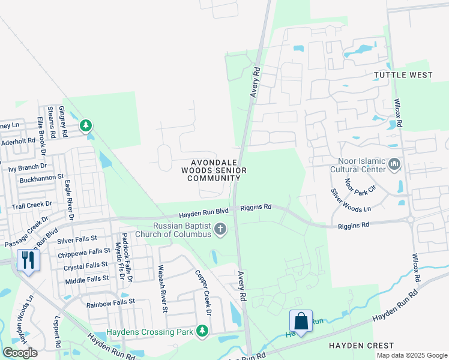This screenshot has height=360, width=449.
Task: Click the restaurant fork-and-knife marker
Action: pyautogui.click(x=28, y=260)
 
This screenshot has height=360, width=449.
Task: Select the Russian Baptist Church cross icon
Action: pyautogui.click(x=221, y=229)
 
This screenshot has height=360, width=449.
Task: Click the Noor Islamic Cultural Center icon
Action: pyautogui.click(x=394, y=164)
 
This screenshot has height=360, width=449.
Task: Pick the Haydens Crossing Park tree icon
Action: pyautogui.click(x=202, y=331)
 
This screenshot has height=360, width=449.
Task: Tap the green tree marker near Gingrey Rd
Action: pyautogui.click(x=86, y=125)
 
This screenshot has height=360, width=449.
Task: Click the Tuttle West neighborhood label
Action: pyautogui.click(x=403, y=75)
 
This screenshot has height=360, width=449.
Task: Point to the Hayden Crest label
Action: pyautogui.click(x=361, y=346)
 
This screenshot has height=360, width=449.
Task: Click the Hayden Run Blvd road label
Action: pyautogui.click(x=204, y=213)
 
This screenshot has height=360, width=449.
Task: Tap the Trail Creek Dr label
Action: pyautogui.click(x=32, y=205)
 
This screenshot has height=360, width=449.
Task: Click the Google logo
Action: pyautogui.click(x=20, y=353)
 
